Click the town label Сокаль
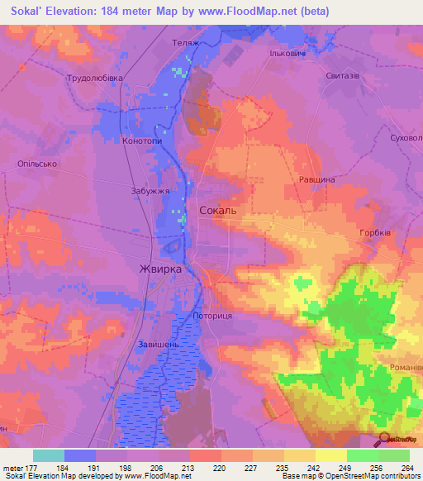point(218,211)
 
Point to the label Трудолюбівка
point(95,78)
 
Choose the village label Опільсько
point(36,164)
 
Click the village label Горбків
point(375,233)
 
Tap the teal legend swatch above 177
point(48,455)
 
